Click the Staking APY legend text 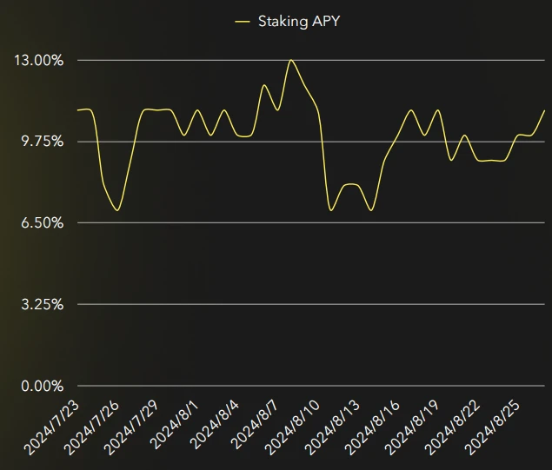(299, 21)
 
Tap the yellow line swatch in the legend (243, 21)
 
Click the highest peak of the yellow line (291, 60)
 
